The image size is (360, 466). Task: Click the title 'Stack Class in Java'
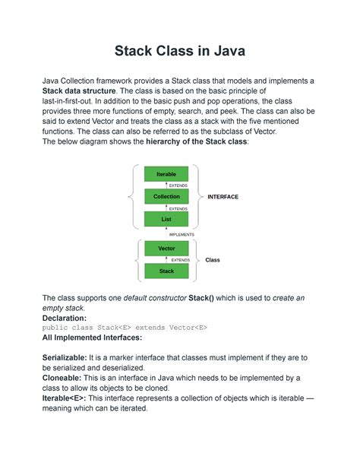[180, 52]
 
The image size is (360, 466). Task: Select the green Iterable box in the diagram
[166, 174]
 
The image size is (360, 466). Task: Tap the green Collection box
[166, 196]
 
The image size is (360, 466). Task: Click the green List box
[166, 219]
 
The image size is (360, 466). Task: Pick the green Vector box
[166, 249]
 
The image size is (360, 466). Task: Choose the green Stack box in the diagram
[166, 271]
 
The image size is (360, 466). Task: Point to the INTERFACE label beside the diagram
[223, 197]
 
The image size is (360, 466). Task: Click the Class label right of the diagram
[213, 260]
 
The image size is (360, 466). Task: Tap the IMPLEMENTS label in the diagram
[182, 235]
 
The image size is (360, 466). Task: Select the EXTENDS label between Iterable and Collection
[178, 185]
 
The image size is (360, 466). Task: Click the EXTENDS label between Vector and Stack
[180, 260]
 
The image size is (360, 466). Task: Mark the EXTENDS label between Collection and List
[178, 208]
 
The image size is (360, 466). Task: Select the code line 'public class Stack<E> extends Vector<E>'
[125, 328]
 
